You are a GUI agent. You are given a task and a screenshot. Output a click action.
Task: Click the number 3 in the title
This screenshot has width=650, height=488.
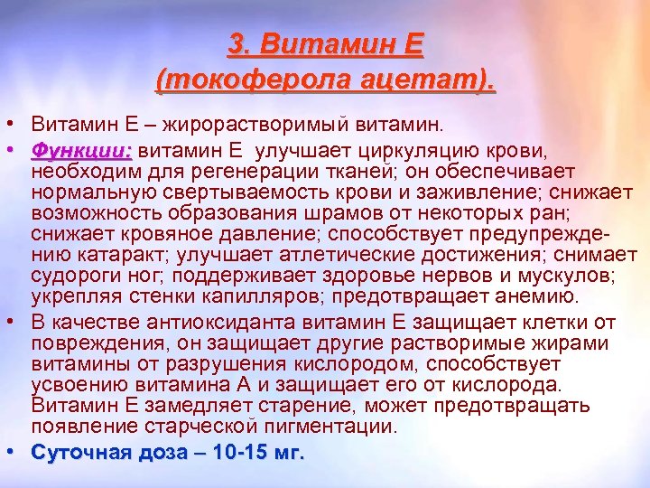(x=237, y=43)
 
